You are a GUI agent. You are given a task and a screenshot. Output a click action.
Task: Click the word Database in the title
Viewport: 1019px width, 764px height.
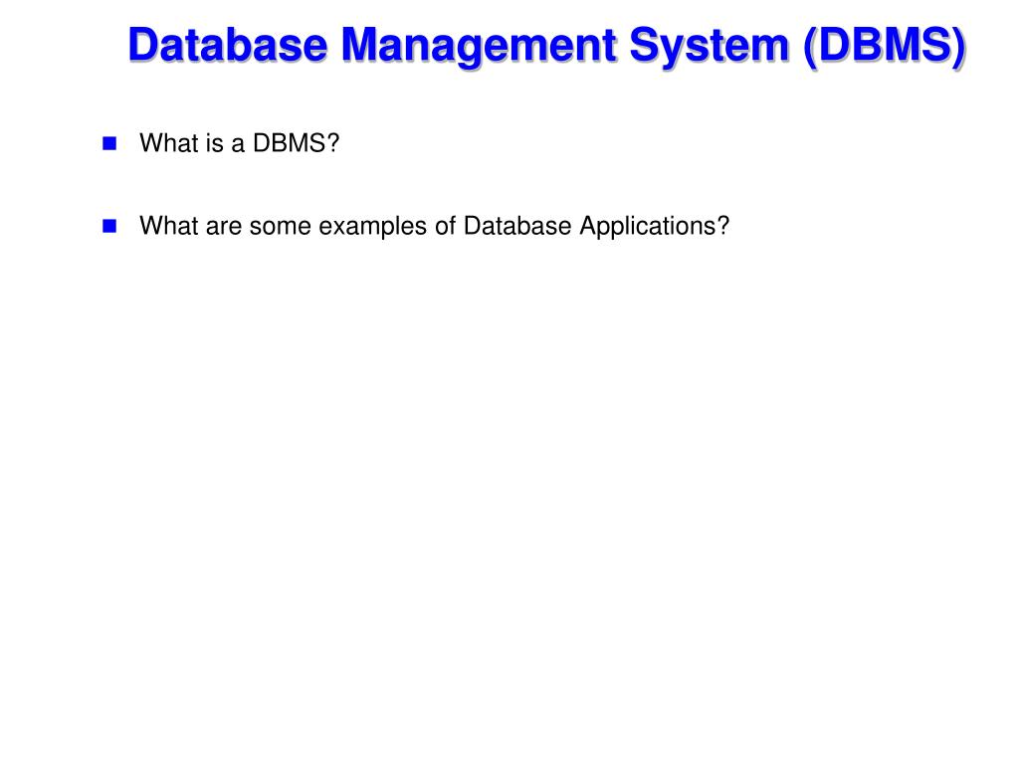(228, 47)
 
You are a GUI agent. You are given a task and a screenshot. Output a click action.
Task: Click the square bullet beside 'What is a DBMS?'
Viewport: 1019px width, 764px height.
(109, 143)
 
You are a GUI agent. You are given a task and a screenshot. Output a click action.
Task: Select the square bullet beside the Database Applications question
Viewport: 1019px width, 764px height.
(109, 226)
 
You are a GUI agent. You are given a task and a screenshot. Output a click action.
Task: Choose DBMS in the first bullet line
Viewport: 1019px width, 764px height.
(288, 143)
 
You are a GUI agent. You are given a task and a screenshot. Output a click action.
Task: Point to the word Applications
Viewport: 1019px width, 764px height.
(636, 226)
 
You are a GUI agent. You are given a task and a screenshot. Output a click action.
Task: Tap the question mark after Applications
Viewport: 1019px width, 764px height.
(723, 226)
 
